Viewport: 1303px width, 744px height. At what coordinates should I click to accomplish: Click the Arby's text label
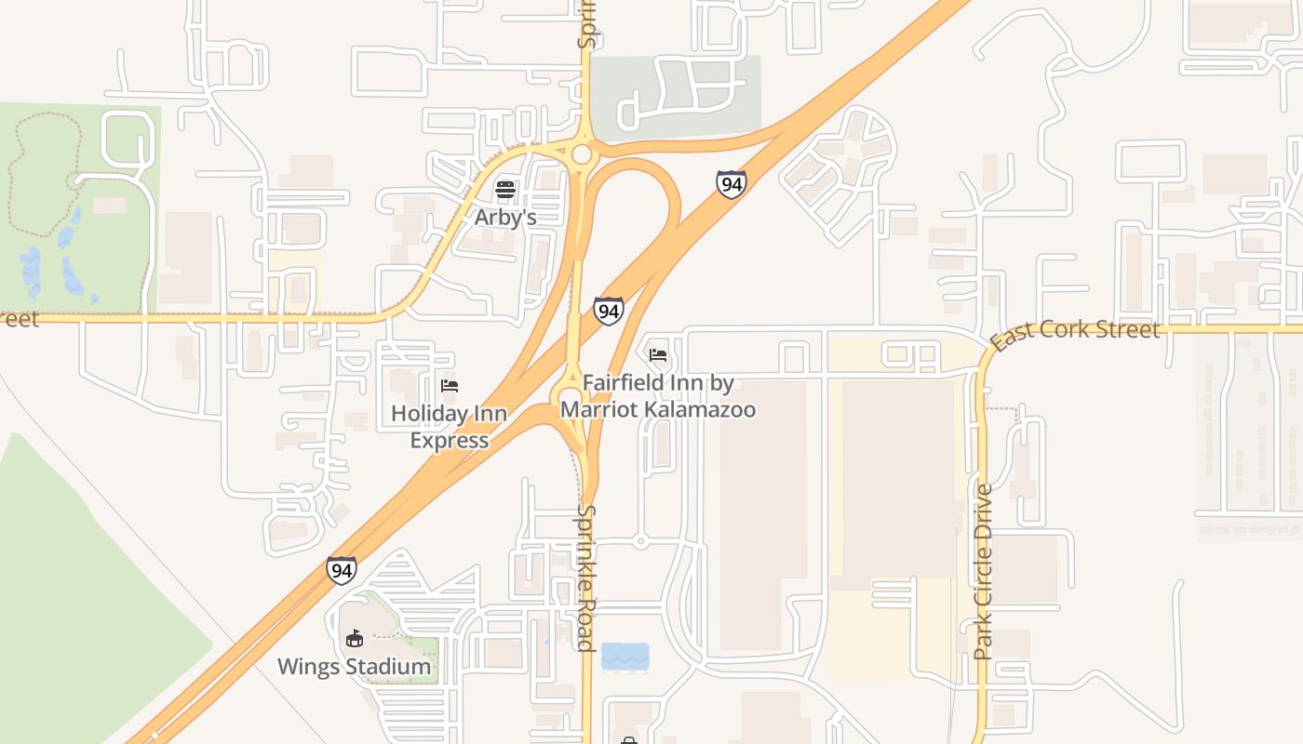[505, 217]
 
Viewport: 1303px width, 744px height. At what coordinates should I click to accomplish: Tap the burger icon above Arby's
[505, 190]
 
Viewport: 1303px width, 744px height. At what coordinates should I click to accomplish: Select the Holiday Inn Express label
[450, 427]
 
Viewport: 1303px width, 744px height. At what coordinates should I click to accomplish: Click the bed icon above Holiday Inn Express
[450, 385]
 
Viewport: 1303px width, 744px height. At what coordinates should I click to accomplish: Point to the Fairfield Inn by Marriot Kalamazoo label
[657, 396]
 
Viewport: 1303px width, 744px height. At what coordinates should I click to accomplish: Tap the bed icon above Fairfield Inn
[658, 354]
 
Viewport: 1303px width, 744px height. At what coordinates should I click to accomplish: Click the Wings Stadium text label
[354, 667]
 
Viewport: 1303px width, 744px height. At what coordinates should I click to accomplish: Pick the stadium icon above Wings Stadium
[354, 639]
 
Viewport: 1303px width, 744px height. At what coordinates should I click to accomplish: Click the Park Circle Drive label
[983, 571]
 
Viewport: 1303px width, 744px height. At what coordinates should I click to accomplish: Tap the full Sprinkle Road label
[586, 578]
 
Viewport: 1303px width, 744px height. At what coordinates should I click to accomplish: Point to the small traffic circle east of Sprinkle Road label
[640, 540]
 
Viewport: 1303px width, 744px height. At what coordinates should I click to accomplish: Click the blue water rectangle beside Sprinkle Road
[625, 656]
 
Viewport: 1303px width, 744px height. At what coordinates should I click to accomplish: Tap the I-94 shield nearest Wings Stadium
[341, 570]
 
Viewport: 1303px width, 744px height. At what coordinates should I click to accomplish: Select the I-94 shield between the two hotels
[608, 311]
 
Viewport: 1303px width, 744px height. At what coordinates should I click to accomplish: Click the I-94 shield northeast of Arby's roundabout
[731, 184]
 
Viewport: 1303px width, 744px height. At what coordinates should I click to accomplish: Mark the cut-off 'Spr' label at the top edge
[586, 26]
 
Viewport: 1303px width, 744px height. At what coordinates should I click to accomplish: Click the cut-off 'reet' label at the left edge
[19, 319]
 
